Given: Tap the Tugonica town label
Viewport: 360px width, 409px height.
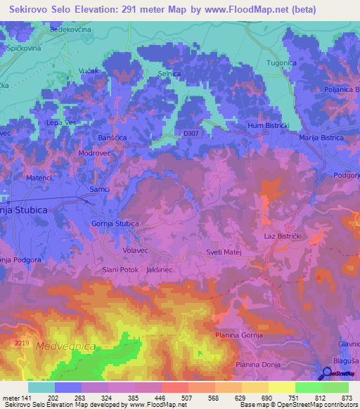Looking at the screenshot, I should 282,63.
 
